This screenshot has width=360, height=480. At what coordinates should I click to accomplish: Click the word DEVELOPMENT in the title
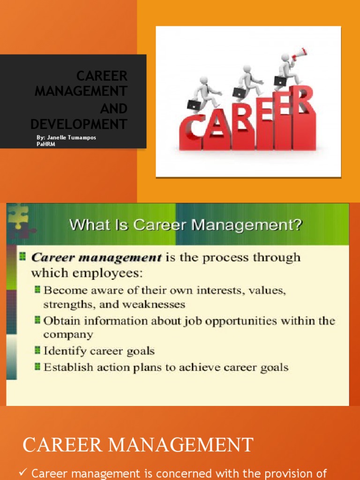pyautogui.click(x=79, y=124)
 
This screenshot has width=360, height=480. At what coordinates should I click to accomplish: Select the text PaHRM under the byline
pyautogui.click(x=45, y=144)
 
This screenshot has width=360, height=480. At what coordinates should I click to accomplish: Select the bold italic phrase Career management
pyautogui.click(x=96, y=257)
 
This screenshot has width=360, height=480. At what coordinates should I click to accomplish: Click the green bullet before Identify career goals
pyautogui.click(x=37, y=350)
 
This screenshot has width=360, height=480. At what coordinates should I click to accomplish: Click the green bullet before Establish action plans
pyautogui.click(x=37, y=367)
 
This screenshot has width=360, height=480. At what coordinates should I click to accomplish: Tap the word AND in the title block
pyautogui.click(x=113, y=109)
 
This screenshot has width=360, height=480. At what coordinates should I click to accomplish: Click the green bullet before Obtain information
pyautogui.click(x=37, y=321)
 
